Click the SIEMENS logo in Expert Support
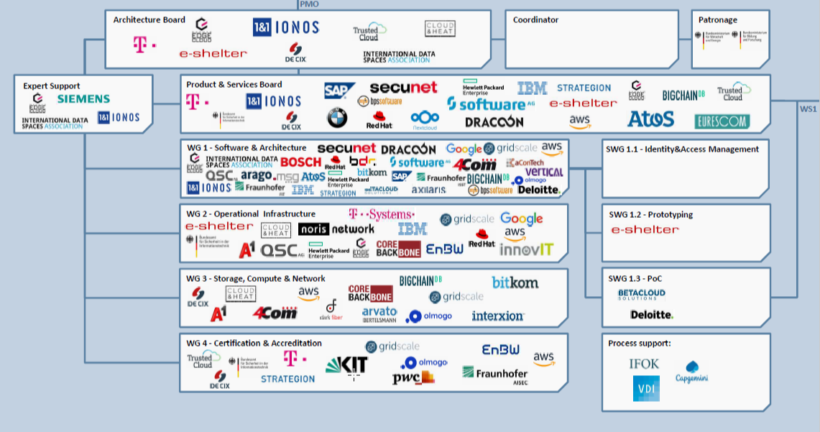click(x=83, y=98)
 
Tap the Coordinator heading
click(x=535, y=20)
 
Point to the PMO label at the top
click(x=309, y=4)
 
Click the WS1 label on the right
click(x=808, y=109)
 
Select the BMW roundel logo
click(x=336, y=118)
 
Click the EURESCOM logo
click(x=721, y=121)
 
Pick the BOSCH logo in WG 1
click(x=300, y=162)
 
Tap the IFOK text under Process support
click(x=643, y=364)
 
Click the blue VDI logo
click(x=645, y=389)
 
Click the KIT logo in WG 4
click(x=346, y=364)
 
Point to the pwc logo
click(x=413, y=377)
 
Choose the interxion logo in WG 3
click(x=497, y=316)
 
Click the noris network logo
click(x=336, y=229)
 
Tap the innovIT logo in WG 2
click(x=526, y=249)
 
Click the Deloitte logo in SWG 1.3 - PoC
click(x=651, y=315)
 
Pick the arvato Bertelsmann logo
click(x=379, y=314)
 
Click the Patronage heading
click(x=717, y=20)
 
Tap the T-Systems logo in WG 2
click(x=381, y=214)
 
